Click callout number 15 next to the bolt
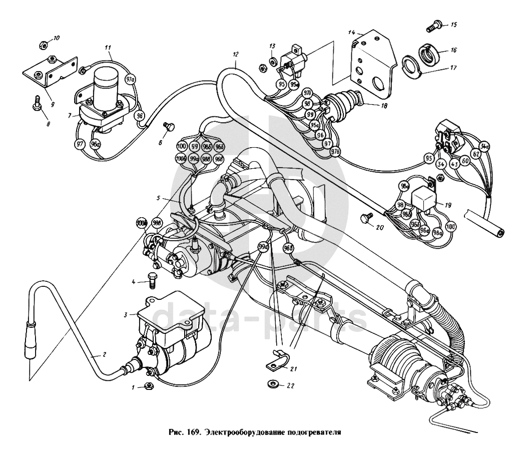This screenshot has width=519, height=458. pos(453,24)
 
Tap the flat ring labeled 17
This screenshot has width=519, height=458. pos(411,65)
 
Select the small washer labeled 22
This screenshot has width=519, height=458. pos(273,384)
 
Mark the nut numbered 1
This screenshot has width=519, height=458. pos(148,385)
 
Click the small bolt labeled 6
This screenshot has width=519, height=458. pos(170,127)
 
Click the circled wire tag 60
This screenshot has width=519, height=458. pos(465,161)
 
